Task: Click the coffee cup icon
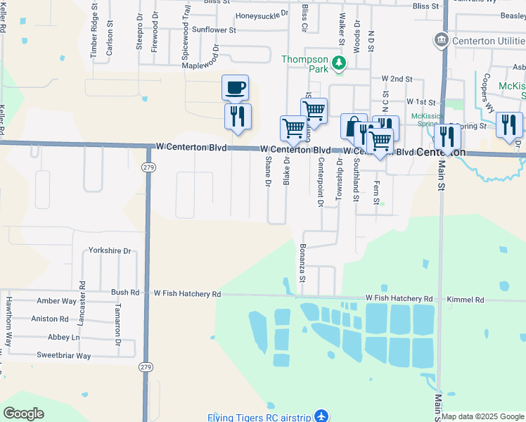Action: point(236,88)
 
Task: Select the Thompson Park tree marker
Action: point(339,64)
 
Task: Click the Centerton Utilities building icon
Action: point(442,39)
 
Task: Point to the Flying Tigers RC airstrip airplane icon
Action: point(321,416)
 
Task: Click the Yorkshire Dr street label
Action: point(110,250)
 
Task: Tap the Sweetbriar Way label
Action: point(64,356)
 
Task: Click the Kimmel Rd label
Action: point(465,300)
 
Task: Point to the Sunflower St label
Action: point(214,30)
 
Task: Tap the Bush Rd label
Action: point(125,292)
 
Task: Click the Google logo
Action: point(23,414)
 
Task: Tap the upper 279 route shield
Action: point(147,167)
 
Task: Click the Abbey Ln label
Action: point(64,338)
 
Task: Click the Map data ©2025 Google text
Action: point(482,416)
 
